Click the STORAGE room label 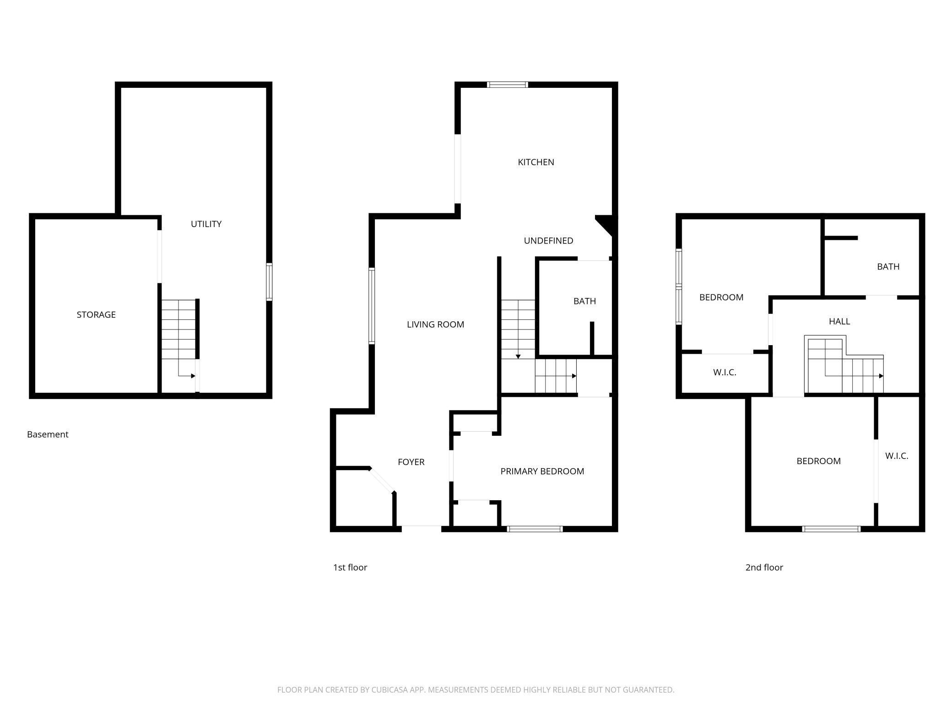(96, 314)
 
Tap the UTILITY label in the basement (206, 224)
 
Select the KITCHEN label (535, 162)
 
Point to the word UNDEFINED (548, 241)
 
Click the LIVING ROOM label (435, 325)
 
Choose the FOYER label (411, 462)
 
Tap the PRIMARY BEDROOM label (542, 471)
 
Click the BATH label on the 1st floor (584, 301)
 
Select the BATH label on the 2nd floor (888, 266)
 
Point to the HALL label (839, 321)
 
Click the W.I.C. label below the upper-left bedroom (725, 373)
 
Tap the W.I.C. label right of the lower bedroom (896, 456)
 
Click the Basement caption (48, 434)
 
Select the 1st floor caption (350, 568)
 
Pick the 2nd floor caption (764, 568)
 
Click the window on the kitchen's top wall (507, 85)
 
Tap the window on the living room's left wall (372, 306)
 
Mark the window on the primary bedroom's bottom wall (535, 529)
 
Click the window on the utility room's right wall (269, 281)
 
